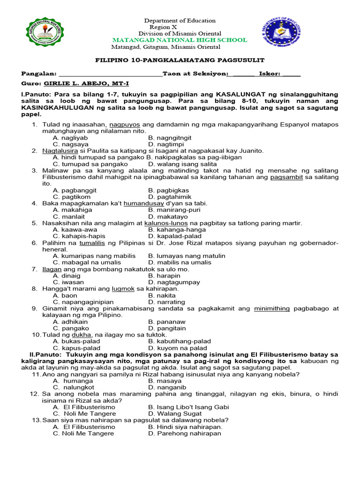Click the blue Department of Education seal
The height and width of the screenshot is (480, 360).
point(281,35)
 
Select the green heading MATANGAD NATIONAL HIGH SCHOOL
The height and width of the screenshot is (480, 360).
point(180,40)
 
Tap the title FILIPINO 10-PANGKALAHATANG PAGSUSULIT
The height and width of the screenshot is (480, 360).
point(180,60)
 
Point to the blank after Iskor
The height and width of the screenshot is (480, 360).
point(292,74)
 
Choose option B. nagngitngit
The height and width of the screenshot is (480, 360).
point(170,138)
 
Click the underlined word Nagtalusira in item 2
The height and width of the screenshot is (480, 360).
point(60,151)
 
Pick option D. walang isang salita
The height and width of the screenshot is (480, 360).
point(176,164)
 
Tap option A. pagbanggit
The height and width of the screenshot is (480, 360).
point(75,190)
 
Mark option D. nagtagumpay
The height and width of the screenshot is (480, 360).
point(174,282)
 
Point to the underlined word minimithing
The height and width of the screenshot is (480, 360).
point(272,308)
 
